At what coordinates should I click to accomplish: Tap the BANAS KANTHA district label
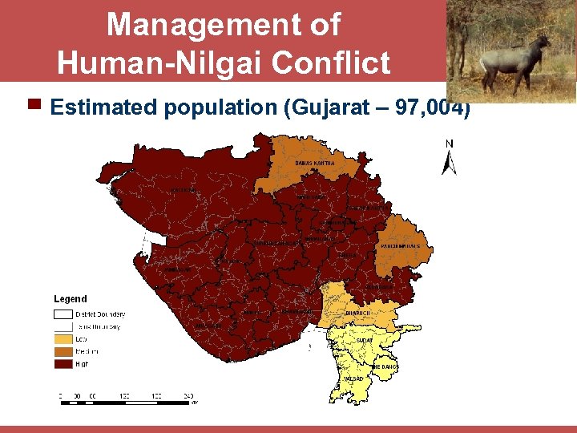click(315, 163)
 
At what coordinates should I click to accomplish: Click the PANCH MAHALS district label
click(400, 245)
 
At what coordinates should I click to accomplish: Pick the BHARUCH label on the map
click(357, 313)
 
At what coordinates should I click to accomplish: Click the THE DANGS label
click(384, 366)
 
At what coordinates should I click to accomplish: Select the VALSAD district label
click(353, 378)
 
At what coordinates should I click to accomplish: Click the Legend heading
click(71, 299)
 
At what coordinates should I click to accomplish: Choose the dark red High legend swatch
click(63, 363)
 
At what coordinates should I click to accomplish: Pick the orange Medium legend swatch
click(63, 351)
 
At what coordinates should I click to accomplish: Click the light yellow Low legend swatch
click(63, 339)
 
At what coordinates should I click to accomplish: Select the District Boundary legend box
click(63, 314)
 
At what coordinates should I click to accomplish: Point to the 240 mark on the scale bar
click(188, 395)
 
